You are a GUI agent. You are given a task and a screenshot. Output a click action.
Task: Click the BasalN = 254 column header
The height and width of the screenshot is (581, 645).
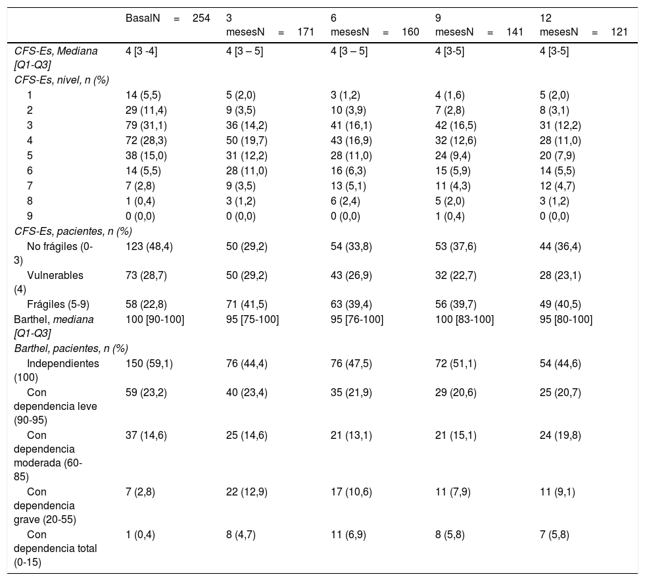tap(168, 18)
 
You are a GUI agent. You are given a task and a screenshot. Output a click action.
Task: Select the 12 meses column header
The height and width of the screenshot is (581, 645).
tap(584, 25)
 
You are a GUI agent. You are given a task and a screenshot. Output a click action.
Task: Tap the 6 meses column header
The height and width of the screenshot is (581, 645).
tap(375, 25)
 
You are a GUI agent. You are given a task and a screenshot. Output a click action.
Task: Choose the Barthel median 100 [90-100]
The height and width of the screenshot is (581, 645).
tap(155, 320)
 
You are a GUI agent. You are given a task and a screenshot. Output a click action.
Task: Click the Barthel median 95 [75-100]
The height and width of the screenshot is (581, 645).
tap(252, 320)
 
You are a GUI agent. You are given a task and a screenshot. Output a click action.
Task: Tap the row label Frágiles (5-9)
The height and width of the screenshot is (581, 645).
tap(58, 304)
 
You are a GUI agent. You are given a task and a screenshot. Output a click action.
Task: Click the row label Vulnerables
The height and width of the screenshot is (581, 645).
tap(49, 282)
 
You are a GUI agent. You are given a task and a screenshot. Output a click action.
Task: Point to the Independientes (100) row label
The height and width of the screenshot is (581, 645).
tap(57, 370)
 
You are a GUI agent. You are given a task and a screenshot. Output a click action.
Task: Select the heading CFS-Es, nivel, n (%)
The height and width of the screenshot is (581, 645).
tap(62, 80)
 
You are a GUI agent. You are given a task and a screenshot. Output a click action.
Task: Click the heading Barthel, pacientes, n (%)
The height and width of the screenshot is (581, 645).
tap(71, 348)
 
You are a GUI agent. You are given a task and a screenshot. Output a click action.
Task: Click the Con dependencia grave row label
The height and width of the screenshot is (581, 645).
tap(45, 505)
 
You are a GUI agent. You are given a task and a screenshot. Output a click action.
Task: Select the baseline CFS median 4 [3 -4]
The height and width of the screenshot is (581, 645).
tap(141, 51)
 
